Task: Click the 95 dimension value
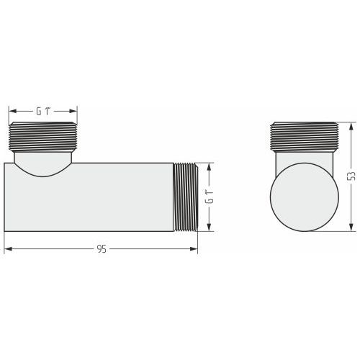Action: (x=102, y=249)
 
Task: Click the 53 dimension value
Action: (x=352, y=176)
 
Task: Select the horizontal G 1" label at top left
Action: (x=44, y=112)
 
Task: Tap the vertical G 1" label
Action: (x=210, y=197)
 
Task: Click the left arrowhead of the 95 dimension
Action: (x=8, y=249)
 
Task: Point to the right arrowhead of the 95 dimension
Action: (x=194, y=249)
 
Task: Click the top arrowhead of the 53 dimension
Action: (x=351, y=127)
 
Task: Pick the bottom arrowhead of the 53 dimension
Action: (x=351, y=228)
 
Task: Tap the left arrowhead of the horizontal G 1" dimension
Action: (x=12, y=111)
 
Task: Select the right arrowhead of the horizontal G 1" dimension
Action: (x=73, y=111)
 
